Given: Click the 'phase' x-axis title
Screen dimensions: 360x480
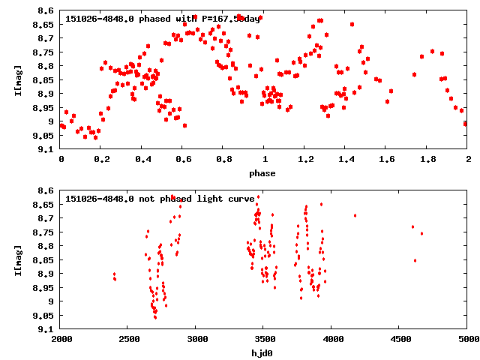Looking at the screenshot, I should pyautogui.click(x=262, y=173).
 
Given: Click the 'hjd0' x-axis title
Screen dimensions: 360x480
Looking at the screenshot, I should pyautogui.click(x=262, y=353).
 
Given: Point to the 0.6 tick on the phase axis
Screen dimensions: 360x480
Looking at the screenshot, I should pyautogui.click(x=182, y=160).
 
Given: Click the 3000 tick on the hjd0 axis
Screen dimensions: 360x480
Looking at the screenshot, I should pyautogui.click(x=196, y=340).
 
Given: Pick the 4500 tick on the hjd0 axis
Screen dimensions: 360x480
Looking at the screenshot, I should pyautogui.click(x=400, y=340).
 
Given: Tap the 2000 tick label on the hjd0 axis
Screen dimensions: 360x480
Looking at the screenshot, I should pyautogui.click(x=61, y=340).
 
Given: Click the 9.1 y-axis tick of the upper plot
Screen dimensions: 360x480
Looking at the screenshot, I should pyautogui.click(x=46, y=149).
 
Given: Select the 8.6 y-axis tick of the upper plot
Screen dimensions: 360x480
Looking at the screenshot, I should pyautogui.click(x=46, y=11).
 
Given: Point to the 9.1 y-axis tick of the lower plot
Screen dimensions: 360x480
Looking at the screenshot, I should pyautogui.click(x=46, y=329).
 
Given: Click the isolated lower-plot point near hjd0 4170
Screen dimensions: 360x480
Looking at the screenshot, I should pyautogui.click(x=355, y=216).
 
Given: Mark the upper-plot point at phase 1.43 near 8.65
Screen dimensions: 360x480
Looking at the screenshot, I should pyautogui.click(x=352, y=25).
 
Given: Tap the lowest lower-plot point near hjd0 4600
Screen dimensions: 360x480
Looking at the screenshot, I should pyautogui.click(x=415, y=260).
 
